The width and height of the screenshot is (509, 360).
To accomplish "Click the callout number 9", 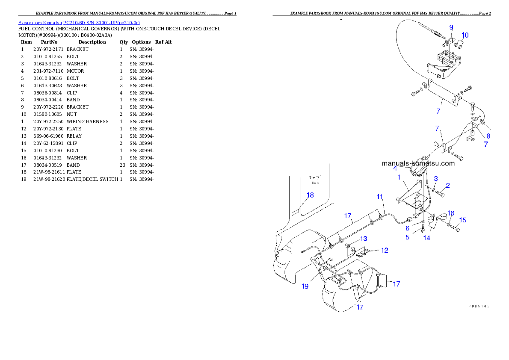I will (x=451, y=27).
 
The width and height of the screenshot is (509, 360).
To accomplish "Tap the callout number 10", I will (x=465, y=35).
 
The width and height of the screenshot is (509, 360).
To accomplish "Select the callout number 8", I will (x=488, y=136).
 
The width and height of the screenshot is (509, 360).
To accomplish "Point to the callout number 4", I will (x=395, y=168).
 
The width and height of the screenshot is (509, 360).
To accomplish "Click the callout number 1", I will (x=399, y=177).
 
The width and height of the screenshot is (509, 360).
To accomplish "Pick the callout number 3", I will (x=436, y=178).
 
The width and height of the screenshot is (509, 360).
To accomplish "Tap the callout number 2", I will (x=447, y=185).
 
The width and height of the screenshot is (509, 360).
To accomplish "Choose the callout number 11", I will (x=380, y=208).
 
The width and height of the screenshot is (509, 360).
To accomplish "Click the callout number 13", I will (x=363, y=238).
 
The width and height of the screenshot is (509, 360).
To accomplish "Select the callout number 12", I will (x=385, y=250).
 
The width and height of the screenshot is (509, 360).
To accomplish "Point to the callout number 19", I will (x=305, y=286).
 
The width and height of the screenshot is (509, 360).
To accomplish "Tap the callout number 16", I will (x=451, y=213).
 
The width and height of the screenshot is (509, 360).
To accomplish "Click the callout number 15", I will (x=463, y=220).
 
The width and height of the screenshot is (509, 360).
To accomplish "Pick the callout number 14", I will (x=427, y=238).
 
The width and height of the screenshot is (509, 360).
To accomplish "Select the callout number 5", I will (x=408, y=236).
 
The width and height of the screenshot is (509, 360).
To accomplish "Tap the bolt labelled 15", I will (x=456, y=230).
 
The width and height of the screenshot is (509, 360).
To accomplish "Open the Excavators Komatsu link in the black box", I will (x=79, y=22).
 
